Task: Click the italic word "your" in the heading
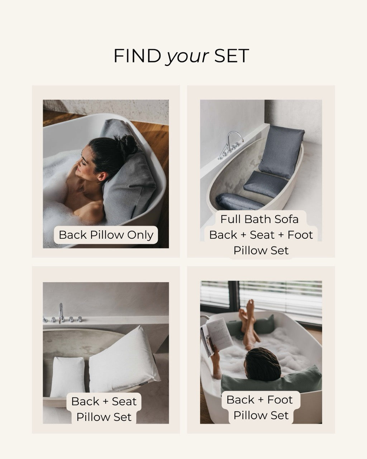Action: click(187, 56)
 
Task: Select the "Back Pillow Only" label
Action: click(106, 235)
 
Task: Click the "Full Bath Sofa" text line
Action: click(259, 219)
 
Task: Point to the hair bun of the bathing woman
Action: click(130, 143)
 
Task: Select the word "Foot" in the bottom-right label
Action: click(280, 399)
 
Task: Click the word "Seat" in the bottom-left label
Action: click(124, 401)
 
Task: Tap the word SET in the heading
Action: click(232, 56)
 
